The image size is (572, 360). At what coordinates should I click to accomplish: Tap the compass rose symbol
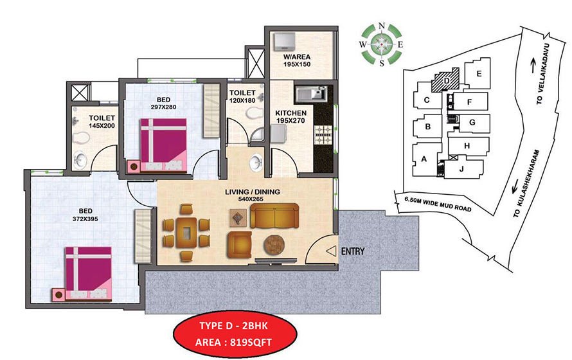[x=382, y=45]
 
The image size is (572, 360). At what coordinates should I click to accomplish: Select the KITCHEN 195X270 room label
[x=291, y=116]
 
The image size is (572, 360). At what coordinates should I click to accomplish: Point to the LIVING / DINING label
[x=247, y=196]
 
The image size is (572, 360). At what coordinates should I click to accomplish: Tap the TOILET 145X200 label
[x=102, y=122]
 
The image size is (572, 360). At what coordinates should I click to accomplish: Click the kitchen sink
[x=311, y=94]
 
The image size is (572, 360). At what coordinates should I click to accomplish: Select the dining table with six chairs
[x=186, y=232]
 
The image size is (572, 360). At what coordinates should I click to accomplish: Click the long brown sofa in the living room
[x=274, y=217]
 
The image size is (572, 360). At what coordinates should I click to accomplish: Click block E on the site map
[x=478, y=74]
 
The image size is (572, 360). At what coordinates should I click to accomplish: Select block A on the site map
[x=424, y=159]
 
